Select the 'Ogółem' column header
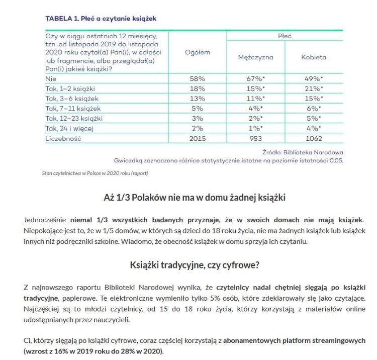pyautogui.click(x=197, y=53)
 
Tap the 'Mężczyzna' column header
pyautogui.click(x=255, y=57)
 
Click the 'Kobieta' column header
pyautogui.click(x=314, y=57)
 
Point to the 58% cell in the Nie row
pyautogui.click(x=197, y=79)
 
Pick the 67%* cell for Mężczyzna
pyautogui.click(x=255, y=79)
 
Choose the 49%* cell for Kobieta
pyautogui.click(x=314, y=79)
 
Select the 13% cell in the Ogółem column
pyautogui.click(x=197, y=99)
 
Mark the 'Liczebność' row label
pyautogui.click(x=63, y=138)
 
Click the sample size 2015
pyautogui.click(x=197, y=138)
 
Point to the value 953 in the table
pyautogui.click(x=255, y=138)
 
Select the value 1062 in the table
pyautogui.click(x=314, y=138)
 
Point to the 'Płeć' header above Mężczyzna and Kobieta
pyautogui.click(x=285, y=36)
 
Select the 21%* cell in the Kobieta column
pyautogui.click(x=314, y=89)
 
